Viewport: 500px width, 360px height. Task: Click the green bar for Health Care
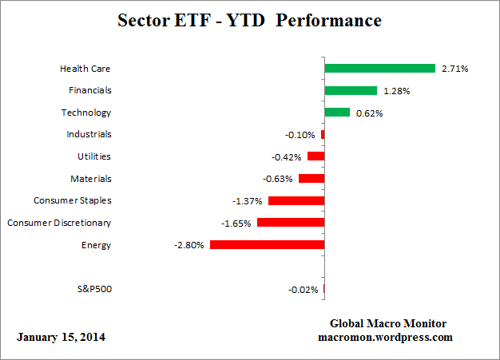pyautogui.click(x=379, y=69)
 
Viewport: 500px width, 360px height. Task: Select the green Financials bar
pyautogui.click(x=351, y=91)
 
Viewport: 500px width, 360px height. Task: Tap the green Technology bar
pyautogui.click(x=337, y=113)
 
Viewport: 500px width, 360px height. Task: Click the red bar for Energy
pyautogui.click(x=267, y=245)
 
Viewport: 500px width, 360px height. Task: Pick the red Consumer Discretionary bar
pyautogui.click(x=291, y=223)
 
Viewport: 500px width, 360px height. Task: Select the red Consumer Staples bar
pyautogui.click(x=296, y=201)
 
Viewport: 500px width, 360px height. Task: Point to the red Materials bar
pyautogui.click(x=312, y=179)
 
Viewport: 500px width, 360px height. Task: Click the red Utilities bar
pyautogui.click(x=315, y=156)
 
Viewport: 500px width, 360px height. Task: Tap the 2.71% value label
pyautogui.click(x=454, y=69)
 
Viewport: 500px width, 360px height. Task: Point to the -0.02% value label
pyautogui.click(x=304, y=290)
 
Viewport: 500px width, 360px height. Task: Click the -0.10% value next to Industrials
pyautogui.click(x=300, y=135)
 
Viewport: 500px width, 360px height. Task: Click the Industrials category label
pyautogui.click(x=89, y=135)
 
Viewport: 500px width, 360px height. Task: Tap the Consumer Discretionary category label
pyautogui.click(x=59, y=223)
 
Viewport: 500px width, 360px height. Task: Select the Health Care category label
pyautogui.click(x=85, y=69)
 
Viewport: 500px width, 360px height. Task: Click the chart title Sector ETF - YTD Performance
pyautogui.click(x=249, y=18)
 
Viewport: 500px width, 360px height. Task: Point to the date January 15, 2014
pyautogui.click(x=61, y=338)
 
